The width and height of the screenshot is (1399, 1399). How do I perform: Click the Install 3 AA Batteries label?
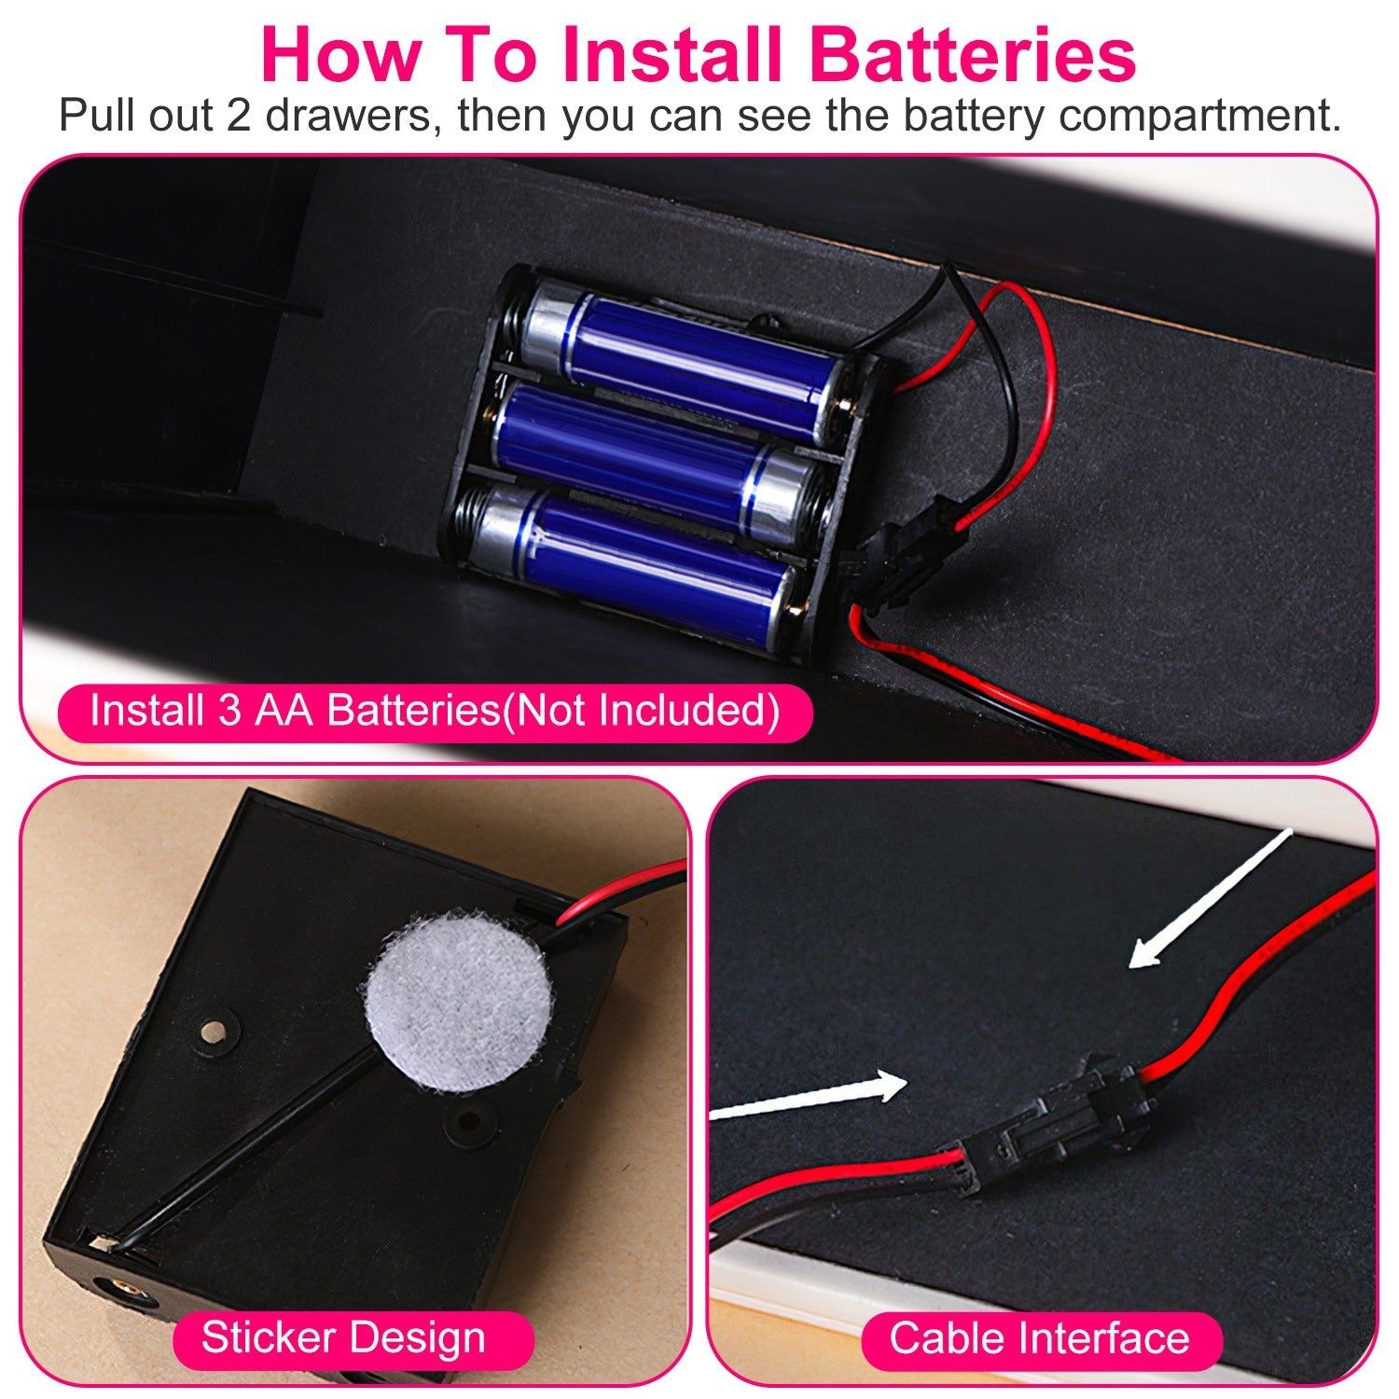click(434, 711)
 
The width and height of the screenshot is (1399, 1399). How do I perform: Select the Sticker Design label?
click(342, 1337)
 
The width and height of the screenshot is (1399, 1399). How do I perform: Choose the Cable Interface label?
click(1039, 1338)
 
